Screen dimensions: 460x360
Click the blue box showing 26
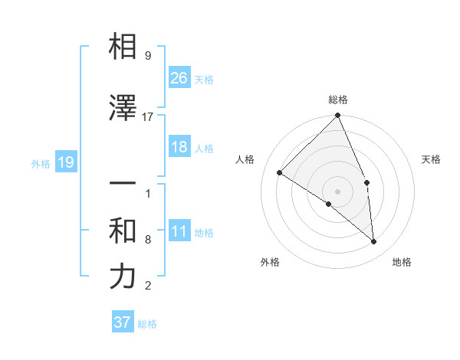point(179,77)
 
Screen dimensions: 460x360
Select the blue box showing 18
point(179,148)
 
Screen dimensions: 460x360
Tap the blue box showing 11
point(179,231)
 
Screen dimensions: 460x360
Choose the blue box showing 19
point(65,162)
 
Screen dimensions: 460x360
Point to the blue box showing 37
point(123,322)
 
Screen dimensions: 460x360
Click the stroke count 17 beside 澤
point(148,117)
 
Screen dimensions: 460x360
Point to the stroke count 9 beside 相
point(148,56)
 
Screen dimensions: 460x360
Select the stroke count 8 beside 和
point(148,240)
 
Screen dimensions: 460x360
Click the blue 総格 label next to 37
point(147,324)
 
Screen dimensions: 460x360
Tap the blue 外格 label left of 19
point(41,163)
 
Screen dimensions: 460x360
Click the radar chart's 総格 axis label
point(337,100)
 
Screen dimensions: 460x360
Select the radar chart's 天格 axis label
point(432,159)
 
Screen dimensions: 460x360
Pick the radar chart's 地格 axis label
point(402,262)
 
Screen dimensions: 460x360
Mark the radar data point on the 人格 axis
point(280,172)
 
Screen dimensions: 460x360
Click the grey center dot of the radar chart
point(337,191)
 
